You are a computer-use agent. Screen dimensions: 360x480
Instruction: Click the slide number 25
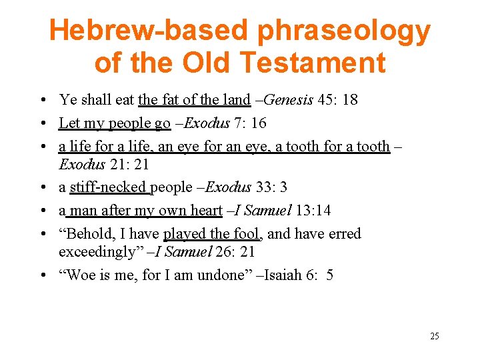tap(434, 336)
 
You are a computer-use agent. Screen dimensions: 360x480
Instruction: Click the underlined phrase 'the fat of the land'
tap(194, 101)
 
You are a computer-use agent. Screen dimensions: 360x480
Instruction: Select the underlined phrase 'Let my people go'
tap(115, 123)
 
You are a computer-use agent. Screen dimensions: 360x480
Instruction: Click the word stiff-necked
tap(110, 188)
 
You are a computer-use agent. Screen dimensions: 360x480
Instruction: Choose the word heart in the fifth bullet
tap(206, 211)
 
